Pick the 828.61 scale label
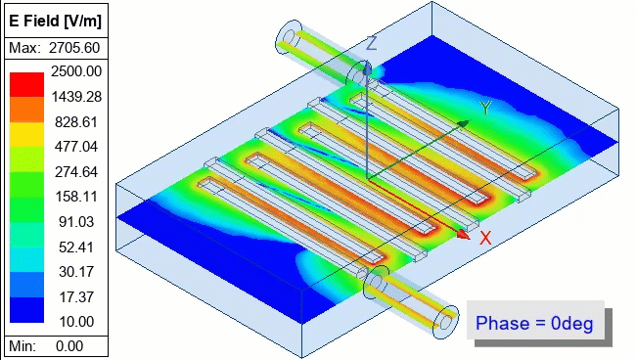tap(77, 121)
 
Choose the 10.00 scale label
tap(80, 321)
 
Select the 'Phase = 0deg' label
tap(534, 323)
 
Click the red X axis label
tap(484, 238)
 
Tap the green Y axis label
tap(484, 108)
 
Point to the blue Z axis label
tap(371, 43)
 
